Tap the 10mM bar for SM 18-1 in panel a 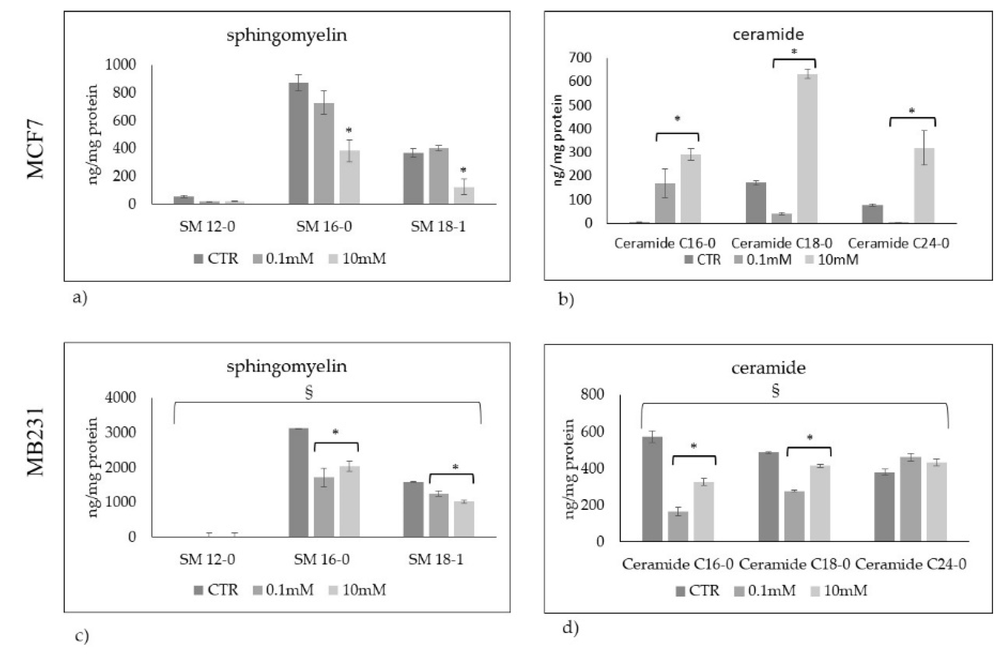(464, 195)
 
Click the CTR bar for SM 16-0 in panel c (298, 482)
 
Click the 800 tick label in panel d (592, 394)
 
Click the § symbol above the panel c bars (309, 392)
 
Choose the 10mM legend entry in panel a (358, 258)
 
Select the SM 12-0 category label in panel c (207, 560)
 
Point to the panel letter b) (566, 299)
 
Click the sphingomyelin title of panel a (287, 35)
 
